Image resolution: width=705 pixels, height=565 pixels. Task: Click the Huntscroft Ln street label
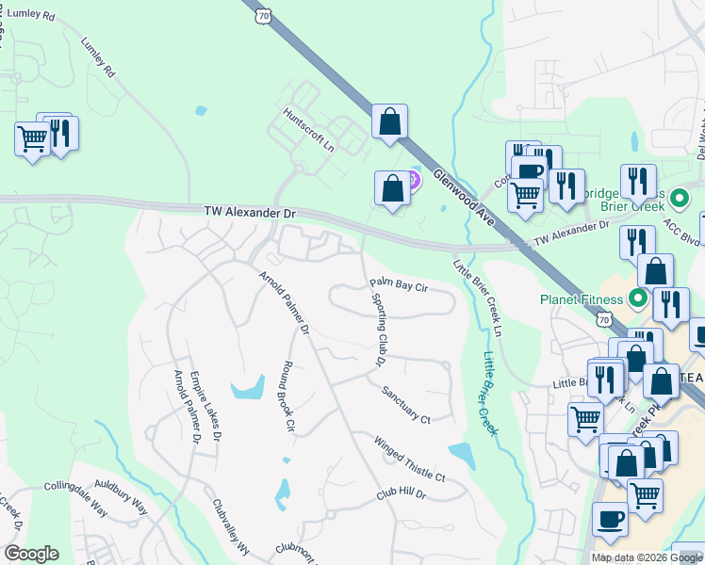309,129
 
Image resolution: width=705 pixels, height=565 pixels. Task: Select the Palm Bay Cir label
399,283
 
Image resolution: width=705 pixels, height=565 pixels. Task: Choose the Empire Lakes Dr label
205,405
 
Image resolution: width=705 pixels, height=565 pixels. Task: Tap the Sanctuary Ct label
406,405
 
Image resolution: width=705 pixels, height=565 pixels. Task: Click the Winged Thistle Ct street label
409,459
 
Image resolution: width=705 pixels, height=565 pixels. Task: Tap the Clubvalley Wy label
229,528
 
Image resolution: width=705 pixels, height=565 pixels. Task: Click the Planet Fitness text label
582,300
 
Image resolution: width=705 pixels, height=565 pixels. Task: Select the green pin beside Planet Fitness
636,300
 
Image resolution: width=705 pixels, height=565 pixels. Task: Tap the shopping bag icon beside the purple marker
391,187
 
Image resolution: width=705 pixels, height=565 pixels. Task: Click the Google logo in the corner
31,554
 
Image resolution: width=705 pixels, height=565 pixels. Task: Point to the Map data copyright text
647,557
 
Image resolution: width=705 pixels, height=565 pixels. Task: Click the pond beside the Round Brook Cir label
249,387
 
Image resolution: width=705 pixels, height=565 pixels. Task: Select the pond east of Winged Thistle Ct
462,455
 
